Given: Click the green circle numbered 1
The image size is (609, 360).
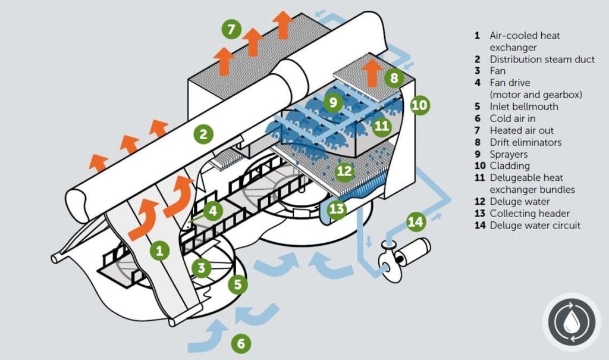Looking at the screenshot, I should click(159, 251).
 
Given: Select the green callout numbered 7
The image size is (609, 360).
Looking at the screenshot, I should click(231, 29).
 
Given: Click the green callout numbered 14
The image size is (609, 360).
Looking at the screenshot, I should click(417, 223).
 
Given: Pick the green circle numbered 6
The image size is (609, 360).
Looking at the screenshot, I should click(240, 343).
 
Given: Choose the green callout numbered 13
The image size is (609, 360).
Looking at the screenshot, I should click(337, 209).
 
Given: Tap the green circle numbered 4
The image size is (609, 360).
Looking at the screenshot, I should click(212, 210).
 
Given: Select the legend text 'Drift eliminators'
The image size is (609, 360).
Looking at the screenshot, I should click(525, 142).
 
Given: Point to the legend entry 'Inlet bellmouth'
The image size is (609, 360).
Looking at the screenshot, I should click(524, 107).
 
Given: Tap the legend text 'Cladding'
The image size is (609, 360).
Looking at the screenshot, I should click(509, 166).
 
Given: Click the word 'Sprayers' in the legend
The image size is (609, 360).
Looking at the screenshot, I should click(509, 154).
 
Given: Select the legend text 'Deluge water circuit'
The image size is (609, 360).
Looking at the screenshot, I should click(535, 226).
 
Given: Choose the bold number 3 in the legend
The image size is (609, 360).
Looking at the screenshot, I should click(477, 71).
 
